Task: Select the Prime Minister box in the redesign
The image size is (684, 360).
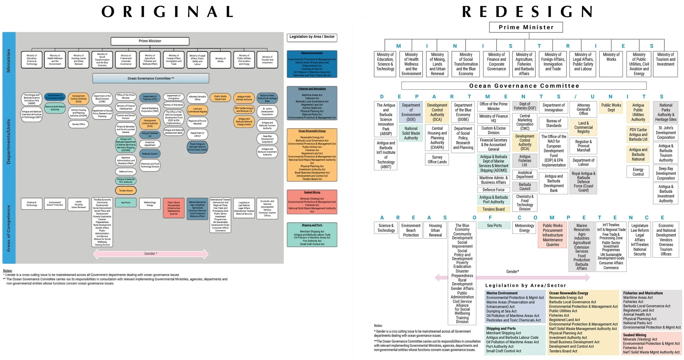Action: pos(526,27)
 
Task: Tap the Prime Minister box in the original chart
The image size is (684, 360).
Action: pos(150,41)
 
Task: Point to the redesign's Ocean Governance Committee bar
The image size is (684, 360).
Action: pos(524,86)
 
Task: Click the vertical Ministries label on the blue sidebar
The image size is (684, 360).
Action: pos(9,60)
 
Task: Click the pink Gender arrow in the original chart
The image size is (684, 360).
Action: pos(151,254)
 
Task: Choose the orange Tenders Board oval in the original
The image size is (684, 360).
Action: pos(126,191)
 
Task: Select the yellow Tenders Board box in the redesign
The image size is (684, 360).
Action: pos(493,209)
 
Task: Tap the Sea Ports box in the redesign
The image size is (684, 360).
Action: pos(494,226)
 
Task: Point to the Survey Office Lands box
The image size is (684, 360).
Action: pos(437,160)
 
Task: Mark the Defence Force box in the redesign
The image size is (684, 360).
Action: pos(493,190)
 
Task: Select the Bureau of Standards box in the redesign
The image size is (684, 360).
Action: pos(553,123)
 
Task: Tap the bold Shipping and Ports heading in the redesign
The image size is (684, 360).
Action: pos(501,329)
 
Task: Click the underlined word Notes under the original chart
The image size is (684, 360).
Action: pos(7,271)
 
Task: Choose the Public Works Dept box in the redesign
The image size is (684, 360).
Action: pos(611,107)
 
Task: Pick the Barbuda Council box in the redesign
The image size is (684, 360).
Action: pos(525,187)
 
